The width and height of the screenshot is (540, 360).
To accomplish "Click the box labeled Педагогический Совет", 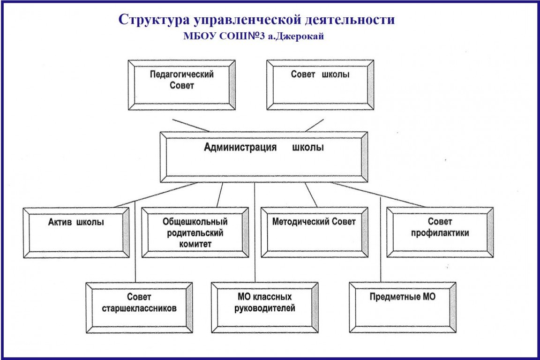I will click(x=181, y=85).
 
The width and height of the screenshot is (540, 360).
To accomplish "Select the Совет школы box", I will click(x=320, y=85).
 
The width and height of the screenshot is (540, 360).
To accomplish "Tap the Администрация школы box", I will click(x=263, y=157).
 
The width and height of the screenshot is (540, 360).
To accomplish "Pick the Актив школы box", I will click(x=76, y=232).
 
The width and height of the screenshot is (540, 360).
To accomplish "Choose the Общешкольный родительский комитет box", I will click(x=195, y=232).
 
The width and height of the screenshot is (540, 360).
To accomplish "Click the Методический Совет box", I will click(x=314, y=232).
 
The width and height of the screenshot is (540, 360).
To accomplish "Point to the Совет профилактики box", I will click(x=440, y=232).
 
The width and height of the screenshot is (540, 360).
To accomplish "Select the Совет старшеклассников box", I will click(x=139, y=307).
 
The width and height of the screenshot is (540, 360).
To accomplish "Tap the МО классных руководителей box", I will click(x=264, y=307).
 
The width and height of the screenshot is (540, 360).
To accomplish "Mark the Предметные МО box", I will click(x=403, y=307).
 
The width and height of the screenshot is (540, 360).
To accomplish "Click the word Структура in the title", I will click(x=147, y=20).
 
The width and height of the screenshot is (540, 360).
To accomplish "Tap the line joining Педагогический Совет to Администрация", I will click(x=191, y=125).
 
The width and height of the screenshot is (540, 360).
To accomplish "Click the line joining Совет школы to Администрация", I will click(x=315, y=125).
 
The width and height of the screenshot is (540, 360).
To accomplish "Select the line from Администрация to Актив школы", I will click(x=155, y=195).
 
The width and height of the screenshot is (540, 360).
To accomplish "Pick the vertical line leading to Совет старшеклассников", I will click(x=135, y=244).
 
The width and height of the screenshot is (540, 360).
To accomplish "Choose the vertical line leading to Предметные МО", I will click(x=381, y=244).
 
